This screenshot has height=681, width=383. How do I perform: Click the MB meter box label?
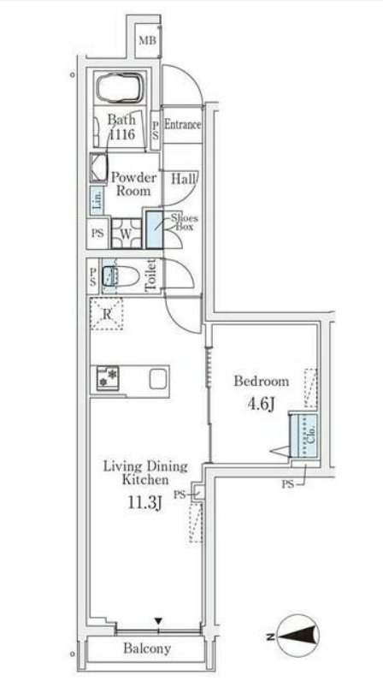pyautogui.click(x=147, y=41)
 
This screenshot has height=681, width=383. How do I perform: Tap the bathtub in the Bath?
pyautogui.click(x=120, y=87)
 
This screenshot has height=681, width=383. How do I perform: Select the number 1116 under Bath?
pyautogui.click(x=122, y=135)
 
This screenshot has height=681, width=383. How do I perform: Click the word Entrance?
pyautogui.click(x=182, y=125)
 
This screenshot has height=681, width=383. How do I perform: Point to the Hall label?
pyautogui.click(x=183, y=179)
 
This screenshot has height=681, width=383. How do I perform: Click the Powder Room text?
pyautogui.click(x=133, y=184)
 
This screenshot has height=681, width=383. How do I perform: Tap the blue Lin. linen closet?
pyautogui.click(x=97, y=200)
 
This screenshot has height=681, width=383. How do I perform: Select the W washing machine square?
pyautogui.click(x=126, y=234)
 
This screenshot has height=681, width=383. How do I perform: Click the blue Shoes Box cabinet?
pyautogui.click(x=154, y=229)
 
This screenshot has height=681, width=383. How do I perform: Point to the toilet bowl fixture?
pyautogui.click(x=121, y=276)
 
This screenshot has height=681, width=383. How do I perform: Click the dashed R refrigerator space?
pyautogui.click(x=107, y=314)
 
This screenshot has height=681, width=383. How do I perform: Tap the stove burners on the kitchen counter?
pyautogui.click(x=108, y=377)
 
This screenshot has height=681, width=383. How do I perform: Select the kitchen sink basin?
pyautogui.click(x=157, y=379)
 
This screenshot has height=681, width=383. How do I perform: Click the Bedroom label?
pyautogui.click(x=262, y=382)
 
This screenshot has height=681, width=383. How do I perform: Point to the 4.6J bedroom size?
pyautogui.click(x=261, y=405)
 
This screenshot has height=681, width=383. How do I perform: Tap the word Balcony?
pyautogui.click(x=147, y=648)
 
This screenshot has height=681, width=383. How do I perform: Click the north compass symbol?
pyautogui.click(x=298, y=637)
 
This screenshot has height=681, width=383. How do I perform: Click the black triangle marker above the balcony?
pyautogui.click(x=159, y=621)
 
